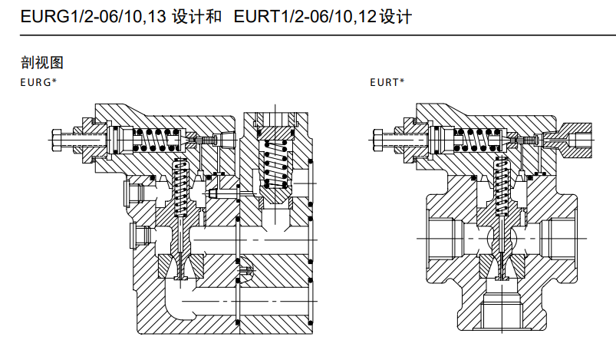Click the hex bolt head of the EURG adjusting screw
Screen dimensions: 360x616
pyautogui.click(x=58, y=140)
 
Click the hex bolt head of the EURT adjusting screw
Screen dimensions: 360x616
pyautogui.click(x=379, y=140)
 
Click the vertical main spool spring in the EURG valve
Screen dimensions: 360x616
pyautogui.click(x=182, y=188)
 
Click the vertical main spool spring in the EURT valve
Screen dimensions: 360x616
pyautogui.click(x=502, y=188)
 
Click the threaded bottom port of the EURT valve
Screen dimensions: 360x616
pyautogui.click(x=503, y=315)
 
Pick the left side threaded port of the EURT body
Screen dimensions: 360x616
pyautogui.click(x=446, y=238)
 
